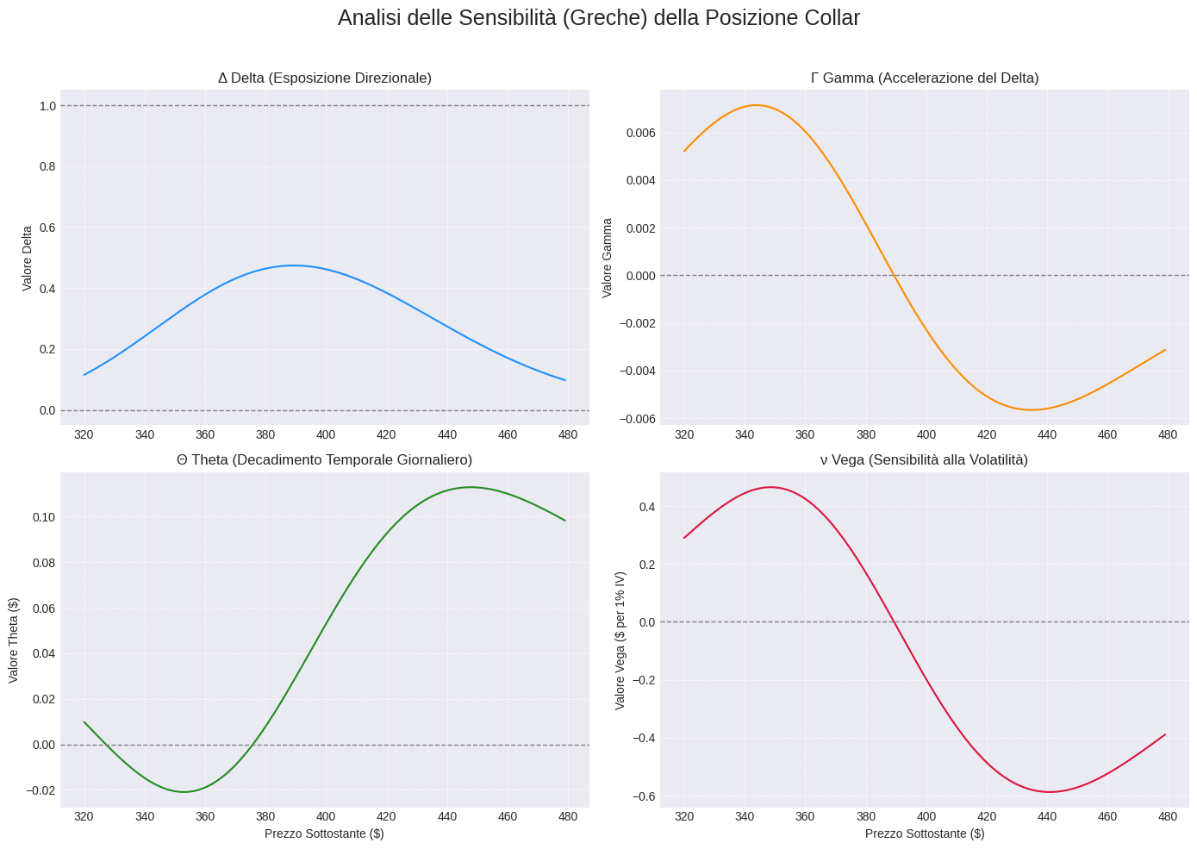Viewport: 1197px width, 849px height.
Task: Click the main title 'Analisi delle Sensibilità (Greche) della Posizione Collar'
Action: (598, 18)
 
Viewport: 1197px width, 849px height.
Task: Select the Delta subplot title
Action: (324, 78)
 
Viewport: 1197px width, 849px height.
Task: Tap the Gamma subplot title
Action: (925, 78)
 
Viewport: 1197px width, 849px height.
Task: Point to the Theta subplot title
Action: (324, 460)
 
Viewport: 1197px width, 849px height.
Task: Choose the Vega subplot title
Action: (925, 460)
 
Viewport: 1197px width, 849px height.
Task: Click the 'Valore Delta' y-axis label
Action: (28, 259)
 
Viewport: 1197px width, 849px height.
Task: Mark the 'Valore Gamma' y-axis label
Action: (607, 258)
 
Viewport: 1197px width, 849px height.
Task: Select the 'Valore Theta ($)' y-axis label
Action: (14, 640)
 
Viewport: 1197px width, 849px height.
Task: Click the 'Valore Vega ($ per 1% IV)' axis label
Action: (620, 640)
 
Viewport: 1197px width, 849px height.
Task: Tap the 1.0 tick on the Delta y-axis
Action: (47, 106)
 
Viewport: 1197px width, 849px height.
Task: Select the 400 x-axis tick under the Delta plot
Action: (326, 434)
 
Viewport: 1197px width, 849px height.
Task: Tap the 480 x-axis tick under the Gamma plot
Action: (1168, 434)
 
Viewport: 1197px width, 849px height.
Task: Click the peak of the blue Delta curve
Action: (293, 265)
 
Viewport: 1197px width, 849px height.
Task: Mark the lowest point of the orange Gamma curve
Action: (1032, 409)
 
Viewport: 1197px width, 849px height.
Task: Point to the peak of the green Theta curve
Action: (470, 487)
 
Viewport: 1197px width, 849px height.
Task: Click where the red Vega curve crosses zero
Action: (894, 621)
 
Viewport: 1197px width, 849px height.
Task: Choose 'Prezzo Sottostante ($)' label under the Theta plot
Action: (324, 833)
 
